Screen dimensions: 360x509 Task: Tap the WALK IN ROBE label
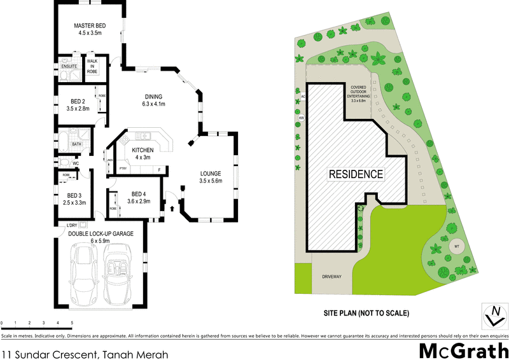coord(92,67)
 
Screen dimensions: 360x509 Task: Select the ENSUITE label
coord(69,66)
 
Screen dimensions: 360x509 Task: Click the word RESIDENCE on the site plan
coord(356,174)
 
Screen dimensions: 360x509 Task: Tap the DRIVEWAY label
coord(332,277)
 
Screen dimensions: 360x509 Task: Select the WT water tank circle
coord(456,247)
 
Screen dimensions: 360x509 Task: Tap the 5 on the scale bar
coord(72,324)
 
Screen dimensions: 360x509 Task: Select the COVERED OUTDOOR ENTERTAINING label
coord(363,93)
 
